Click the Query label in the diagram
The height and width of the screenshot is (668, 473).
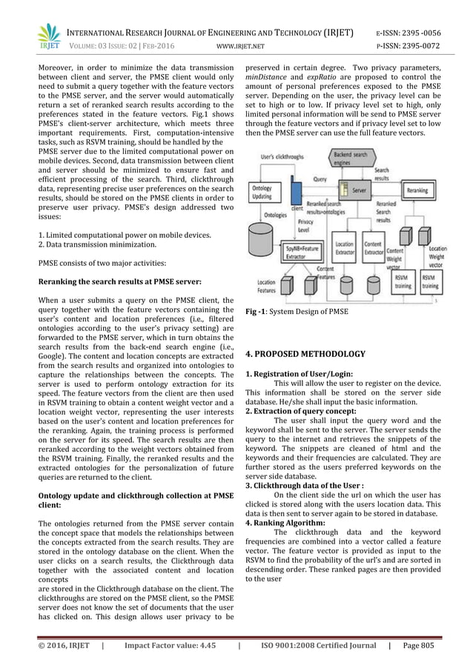[x=322, y=178]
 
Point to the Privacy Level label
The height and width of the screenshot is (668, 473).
[x=305, y=225]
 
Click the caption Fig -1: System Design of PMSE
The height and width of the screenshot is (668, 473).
[x=297, y=312]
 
